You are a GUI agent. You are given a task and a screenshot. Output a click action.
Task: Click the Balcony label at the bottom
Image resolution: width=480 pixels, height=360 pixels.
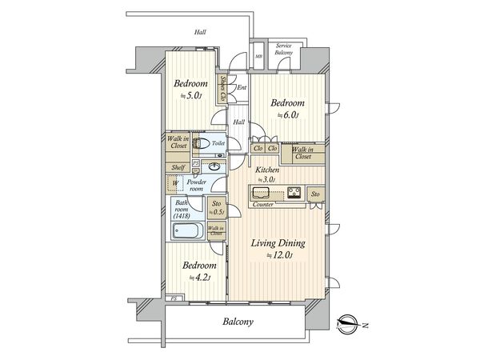(238, 322)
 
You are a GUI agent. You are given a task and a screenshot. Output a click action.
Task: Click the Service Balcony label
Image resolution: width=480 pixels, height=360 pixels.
(284, 50)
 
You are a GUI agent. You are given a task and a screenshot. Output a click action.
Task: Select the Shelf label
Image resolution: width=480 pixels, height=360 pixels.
(178, 167)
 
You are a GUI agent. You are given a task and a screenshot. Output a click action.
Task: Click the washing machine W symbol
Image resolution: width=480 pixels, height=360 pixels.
(176, 183)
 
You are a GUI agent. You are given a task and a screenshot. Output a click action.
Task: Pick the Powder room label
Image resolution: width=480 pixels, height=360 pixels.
(197, 185)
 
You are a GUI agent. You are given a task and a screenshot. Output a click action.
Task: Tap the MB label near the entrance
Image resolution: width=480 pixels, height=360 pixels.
(258, 57)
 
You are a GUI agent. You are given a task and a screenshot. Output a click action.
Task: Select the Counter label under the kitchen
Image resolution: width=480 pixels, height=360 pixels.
(262, 206)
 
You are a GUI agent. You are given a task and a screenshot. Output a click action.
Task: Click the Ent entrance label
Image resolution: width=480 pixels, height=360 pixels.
(241, 87)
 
